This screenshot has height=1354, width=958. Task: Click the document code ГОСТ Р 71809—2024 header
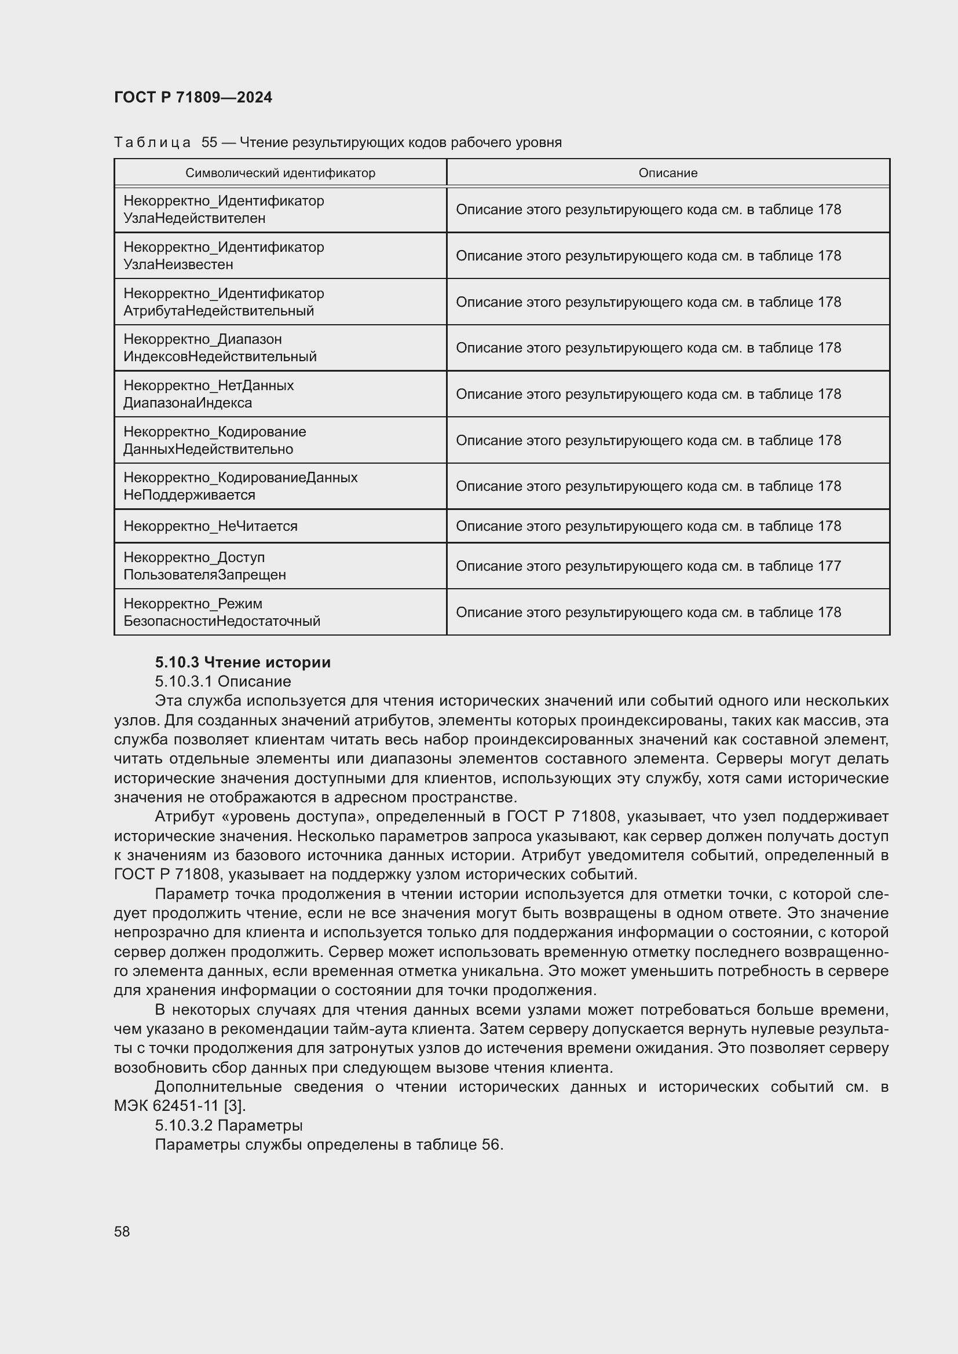click(193, 97)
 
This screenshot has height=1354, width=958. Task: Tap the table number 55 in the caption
click(210, 142)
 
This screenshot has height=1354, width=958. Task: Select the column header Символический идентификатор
click(280, 173)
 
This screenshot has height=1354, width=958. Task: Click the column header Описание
click(668, 173)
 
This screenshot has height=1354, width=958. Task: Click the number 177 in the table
click(829, 566)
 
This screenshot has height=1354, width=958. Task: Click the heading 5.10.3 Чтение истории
click(243, 662)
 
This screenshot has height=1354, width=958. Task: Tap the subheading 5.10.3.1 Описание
click(223, 681)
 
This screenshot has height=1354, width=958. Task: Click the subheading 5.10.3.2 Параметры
click(229, 1125)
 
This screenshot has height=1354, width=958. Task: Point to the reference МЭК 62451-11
click(167, 1106)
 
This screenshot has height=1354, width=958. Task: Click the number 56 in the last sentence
click(490, 1144)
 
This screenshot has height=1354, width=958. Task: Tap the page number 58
click(122, 1231)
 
